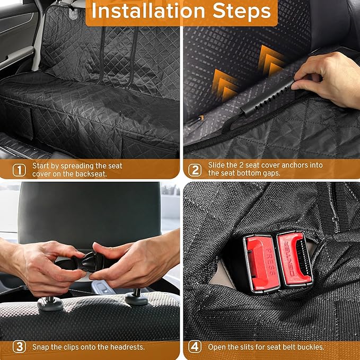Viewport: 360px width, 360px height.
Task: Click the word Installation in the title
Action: tap(148, 12)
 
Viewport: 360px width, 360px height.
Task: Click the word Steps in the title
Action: tap(242, 12)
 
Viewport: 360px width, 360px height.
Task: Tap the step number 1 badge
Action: tap(19, 170)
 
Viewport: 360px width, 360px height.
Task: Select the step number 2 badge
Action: tap(195, 170)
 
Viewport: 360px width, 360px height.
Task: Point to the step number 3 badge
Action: tap(19, 347)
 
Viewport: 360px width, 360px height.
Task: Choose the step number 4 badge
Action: tap(195, 347)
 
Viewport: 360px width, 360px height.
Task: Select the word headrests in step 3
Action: tap(127, 347)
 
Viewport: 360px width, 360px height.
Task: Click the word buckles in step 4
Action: tap(309, 347)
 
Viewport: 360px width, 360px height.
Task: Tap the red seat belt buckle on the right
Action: tap(295, 259)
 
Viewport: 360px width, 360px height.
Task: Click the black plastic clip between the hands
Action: tap(91, 262)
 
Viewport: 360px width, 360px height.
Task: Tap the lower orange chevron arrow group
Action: tap(224, 85)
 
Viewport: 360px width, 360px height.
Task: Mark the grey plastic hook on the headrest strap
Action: tap(73, 13)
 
